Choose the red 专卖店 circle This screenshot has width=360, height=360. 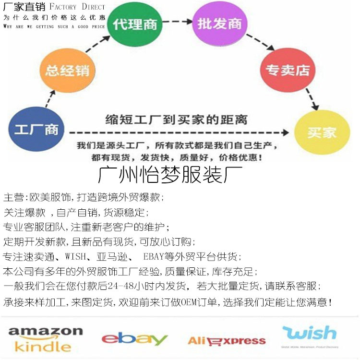288,70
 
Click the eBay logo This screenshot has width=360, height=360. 134,339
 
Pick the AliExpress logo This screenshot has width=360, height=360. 226,341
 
